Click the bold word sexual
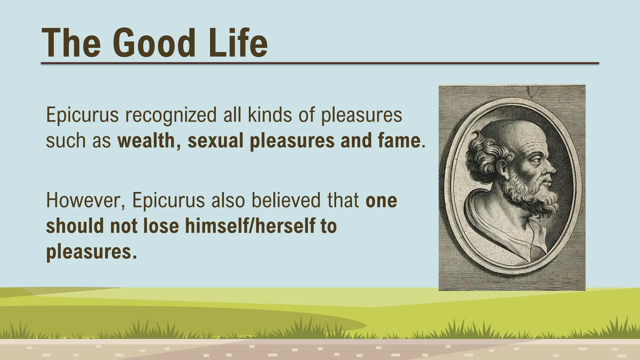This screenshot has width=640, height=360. [215, 141]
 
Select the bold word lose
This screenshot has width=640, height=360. [161, 226]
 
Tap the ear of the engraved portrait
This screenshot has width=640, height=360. [503, 169]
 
